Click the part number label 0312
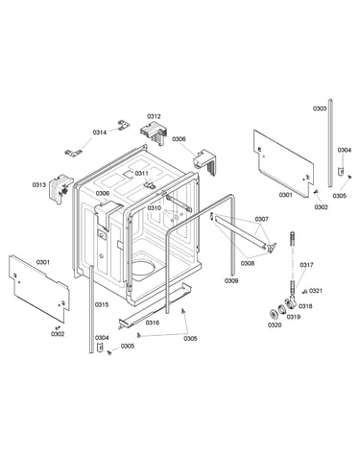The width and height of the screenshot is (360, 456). click(x=154, y=116)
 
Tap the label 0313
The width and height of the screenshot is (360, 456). click(x=39, y=184)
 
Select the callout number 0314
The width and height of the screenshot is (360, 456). click(x=100, y=132)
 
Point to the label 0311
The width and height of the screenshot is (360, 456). click(x=141, y=173)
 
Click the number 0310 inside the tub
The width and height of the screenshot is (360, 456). click(x=154, y=207)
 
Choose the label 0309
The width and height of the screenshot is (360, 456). click(x=231, y=280)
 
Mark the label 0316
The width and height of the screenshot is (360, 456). click(x=153, y=323)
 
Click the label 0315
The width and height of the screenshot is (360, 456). click(x=102, y=304)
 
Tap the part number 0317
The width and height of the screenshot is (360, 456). click(x=306, y=265)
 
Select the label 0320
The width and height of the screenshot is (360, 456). click(x=275, y=325)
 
